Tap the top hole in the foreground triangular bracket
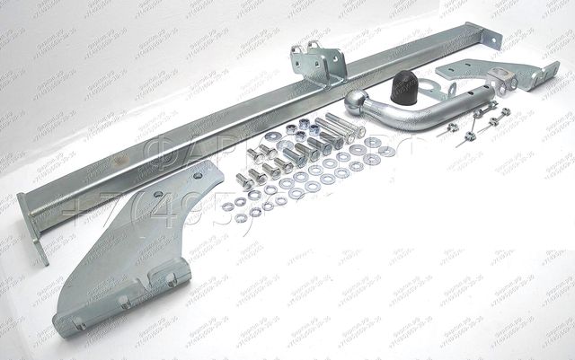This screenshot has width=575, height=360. click(x=158, y=192)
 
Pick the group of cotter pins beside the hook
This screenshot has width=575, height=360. click(x=476, y=121)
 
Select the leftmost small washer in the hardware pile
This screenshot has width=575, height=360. click(x=229, y=206)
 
